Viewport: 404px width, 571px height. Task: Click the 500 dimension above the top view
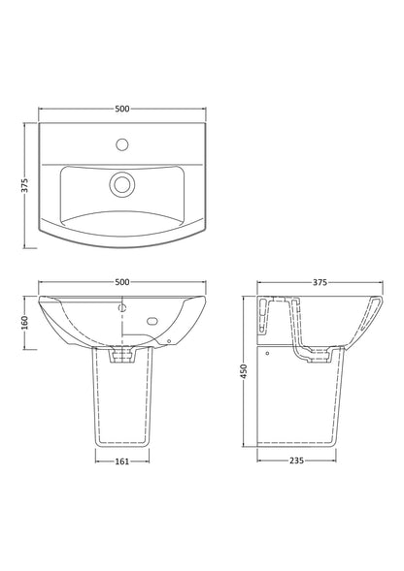(x=121, y=110)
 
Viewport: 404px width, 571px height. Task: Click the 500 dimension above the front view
(x=121, y=281)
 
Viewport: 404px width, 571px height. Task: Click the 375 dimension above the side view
(x=320, y=281)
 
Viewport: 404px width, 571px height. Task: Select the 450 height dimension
(x=244, y=371)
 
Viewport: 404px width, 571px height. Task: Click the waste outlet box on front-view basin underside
(x=121, y=357)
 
